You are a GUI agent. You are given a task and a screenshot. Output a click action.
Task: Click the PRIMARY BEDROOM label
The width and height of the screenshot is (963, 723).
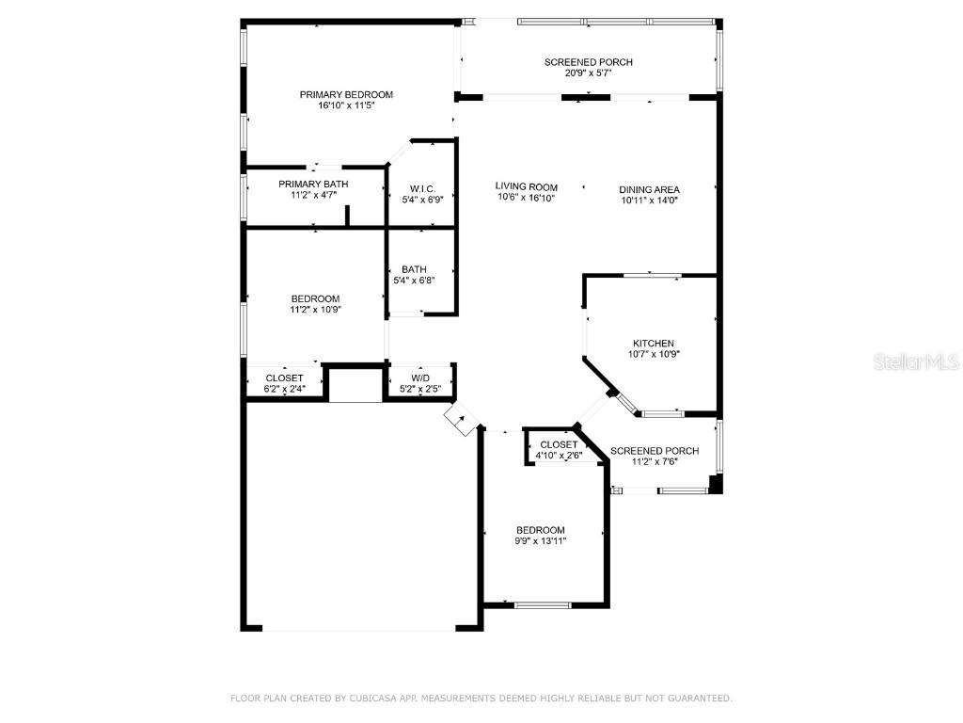click(346, 94)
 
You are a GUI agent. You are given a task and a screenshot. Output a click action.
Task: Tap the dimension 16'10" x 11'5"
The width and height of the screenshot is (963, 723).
click(346, 106)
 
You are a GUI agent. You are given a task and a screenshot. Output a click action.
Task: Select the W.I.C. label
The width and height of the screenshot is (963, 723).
click(422, 187)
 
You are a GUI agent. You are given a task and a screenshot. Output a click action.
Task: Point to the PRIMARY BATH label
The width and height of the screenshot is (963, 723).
click(313, 184)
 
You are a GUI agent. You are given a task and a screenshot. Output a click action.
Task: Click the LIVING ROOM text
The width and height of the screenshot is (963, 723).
click(527, 186)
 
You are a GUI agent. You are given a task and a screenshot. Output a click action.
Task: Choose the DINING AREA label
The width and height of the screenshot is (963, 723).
click(649, 189)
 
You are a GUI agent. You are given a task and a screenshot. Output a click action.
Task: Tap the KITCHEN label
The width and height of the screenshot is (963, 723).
click(653, 344)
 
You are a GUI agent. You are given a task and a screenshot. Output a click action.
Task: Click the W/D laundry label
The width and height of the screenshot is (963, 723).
click(420, 378)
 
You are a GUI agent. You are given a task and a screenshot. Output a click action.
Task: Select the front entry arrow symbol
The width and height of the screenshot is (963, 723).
click(461, 419)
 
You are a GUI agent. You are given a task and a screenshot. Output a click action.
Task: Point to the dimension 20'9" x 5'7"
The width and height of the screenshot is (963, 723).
click(589, 74)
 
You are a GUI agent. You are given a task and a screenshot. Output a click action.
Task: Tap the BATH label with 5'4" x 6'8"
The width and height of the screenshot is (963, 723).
click(414, 269)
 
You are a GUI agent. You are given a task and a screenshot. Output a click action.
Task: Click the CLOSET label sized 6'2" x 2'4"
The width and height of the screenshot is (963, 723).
click(284, 378)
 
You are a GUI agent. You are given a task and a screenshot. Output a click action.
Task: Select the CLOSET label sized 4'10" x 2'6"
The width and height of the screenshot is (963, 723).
click(559, 444)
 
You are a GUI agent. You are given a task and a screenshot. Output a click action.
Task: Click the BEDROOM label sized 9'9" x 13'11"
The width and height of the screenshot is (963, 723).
click(540, 530)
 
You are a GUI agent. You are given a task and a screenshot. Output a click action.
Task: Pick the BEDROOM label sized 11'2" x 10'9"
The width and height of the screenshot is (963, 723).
click(315, 298)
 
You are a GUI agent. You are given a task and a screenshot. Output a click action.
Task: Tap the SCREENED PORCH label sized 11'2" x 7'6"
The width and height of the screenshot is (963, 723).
click(655, 451)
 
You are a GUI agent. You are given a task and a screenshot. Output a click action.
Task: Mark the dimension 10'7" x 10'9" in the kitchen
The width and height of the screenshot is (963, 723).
click(653, 355)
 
